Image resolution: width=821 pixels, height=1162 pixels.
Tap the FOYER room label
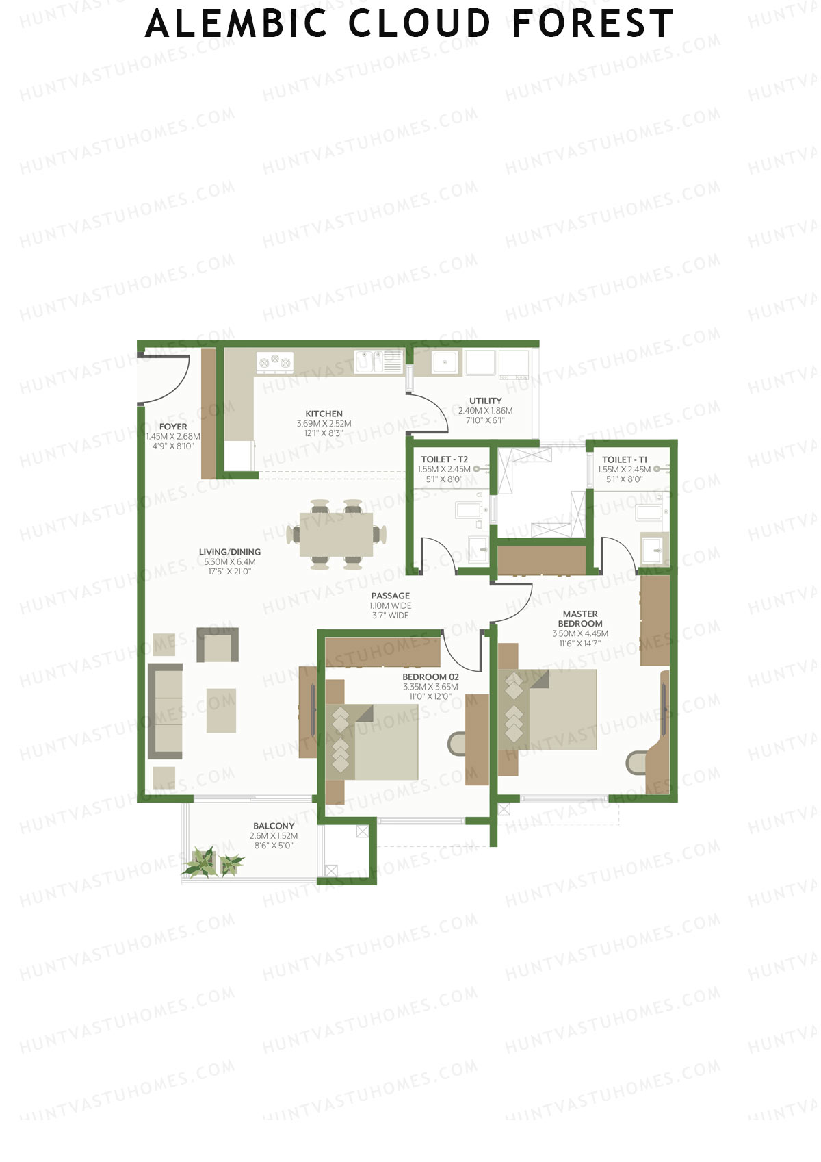coord(173,427)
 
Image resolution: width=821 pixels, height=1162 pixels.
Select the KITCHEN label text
coord(324,414)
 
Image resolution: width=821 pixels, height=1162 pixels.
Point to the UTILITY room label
coord(485,401)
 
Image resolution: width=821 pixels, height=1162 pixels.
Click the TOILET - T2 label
coord(444,459)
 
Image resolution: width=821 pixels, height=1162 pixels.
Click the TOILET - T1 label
coord(624,459)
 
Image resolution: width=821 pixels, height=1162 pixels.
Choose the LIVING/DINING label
coord(229,552)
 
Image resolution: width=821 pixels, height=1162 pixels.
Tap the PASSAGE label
coord(390,596)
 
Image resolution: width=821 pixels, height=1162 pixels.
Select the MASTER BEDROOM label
coord(580,619)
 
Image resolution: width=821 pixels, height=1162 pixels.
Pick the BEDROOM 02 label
coord(430,677)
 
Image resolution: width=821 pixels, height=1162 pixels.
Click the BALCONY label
coord(274,826)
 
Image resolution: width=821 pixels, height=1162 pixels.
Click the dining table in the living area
coord(336,534)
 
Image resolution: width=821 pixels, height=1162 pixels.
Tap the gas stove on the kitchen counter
coord(274,362)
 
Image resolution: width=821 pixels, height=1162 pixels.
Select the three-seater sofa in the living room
coord(165,711)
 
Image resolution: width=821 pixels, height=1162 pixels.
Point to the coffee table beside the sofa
coord(221,710)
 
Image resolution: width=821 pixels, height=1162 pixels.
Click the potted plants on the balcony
coord(212,862)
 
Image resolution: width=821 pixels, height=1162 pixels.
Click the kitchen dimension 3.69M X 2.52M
coord(324,424)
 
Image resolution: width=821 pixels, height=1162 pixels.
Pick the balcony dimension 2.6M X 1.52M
coord(274,836)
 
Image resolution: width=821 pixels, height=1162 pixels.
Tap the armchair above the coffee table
coord(218,645)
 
